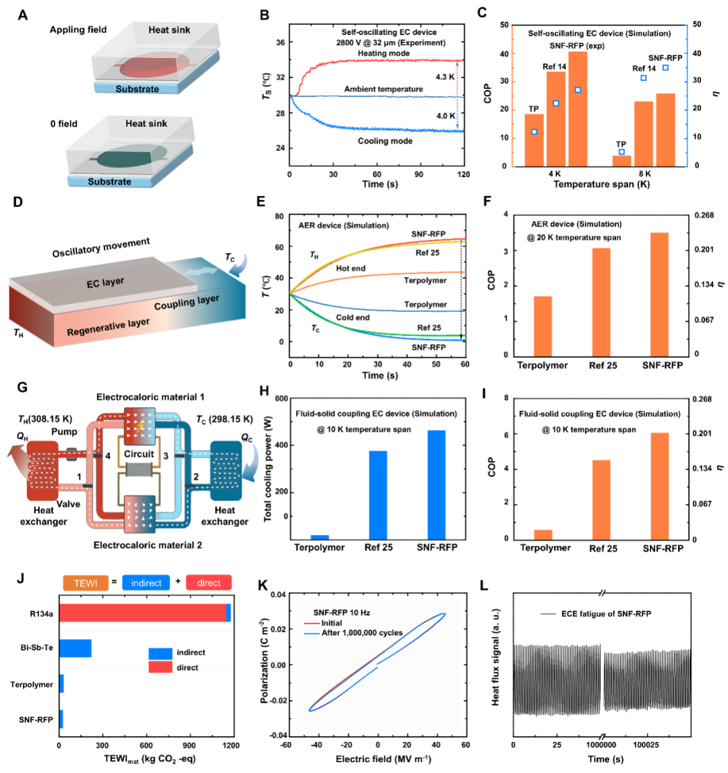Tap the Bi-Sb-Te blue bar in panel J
pyautogui.click(x=75, y=648)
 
